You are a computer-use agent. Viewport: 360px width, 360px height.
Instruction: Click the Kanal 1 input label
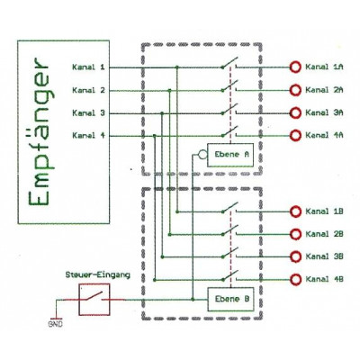[x=88, y=67]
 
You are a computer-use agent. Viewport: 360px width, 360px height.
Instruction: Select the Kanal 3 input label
[x=88, y=112]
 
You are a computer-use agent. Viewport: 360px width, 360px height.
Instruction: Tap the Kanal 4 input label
[x=88, y=135]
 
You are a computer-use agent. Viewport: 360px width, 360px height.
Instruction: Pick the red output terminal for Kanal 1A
[x=294, y=67]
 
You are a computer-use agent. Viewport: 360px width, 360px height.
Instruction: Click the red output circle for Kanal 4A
[x=294, y=135]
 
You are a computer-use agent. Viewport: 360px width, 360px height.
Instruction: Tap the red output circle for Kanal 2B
[x=294, y=234]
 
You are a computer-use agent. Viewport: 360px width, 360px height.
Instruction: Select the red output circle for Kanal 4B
[x=294, y=279]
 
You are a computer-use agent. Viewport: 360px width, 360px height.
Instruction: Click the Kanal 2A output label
[x=326, y=90]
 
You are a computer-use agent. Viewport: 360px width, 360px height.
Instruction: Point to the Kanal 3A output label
[x=326, y=112]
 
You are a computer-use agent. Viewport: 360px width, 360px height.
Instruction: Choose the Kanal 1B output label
[x=326, y=211]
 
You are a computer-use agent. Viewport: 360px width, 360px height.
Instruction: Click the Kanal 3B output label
[x=326, y=256]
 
